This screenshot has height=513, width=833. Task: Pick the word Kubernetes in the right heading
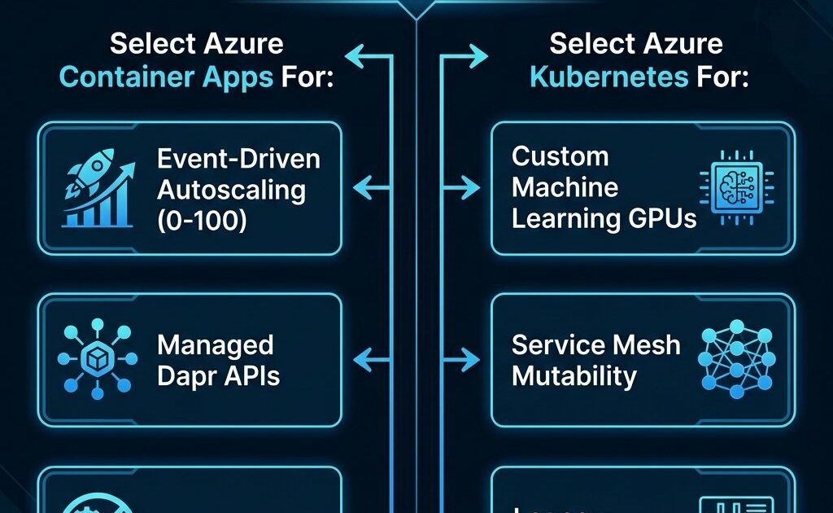click(x=607, y=77)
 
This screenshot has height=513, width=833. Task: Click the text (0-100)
click(x=202, y=221)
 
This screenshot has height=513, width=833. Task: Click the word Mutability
click(x=574, y=376)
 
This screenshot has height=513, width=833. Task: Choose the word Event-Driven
click(x=238, y=158)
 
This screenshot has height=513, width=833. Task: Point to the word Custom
click(x=560, y=156)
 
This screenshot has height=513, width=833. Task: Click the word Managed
click(x=215, y=345)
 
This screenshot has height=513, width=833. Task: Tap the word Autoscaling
click(x=232, y=189)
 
